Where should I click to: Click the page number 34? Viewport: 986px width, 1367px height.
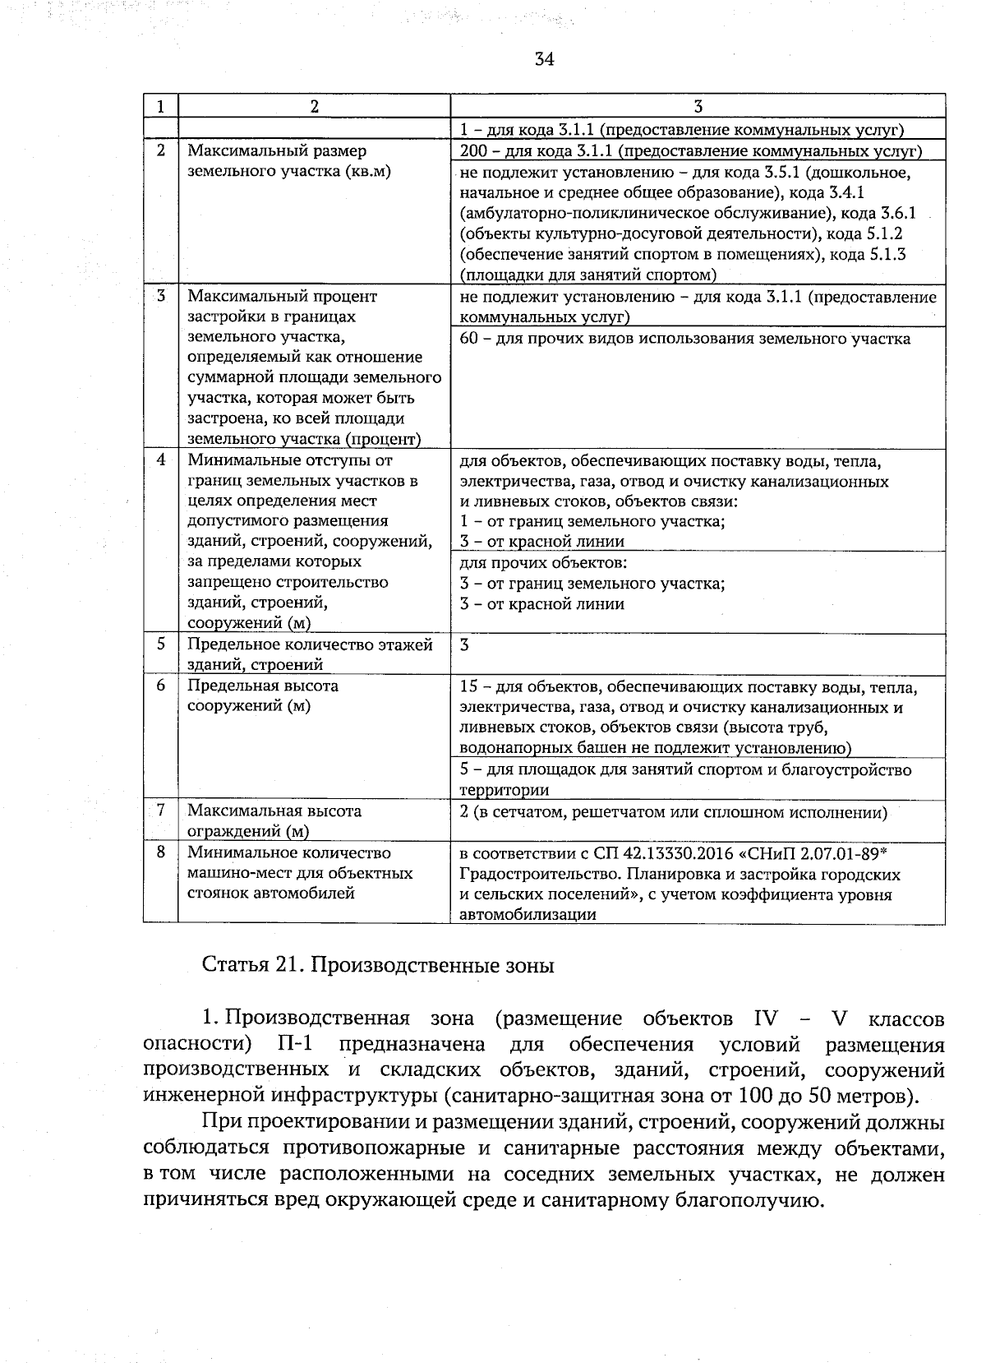pyautogui.click(x=544, y=58)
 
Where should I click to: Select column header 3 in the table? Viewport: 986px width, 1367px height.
pyautogui.click(x=698, y=106)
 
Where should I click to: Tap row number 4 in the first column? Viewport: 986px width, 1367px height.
pyautogui.click(x=161, y=460)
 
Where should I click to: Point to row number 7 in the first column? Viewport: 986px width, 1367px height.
pyautogui.click(x=161, y=811)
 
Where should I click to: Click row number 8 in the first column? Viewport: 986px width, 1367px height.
pyautogui.click(x=161, y=852)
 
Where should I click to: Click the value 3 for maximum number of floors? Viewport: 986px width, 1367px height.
pyautogui.click(x=465, y=644)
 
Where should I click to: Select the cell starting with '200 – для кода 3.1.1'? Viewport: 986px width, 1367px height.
pyautogui.click(x=690, y=151)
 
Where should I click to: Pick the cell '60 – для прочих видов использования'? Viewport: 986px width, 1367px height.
pyautogui.click(x=684, y=339)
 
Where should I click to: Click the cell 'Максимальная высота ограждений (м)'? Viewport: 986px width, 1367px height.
pyautogui.click(x=274, y=820)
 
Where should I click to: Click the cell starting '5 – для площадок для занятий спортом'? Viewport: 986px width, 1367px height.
pyautogui.click(x=685, y=779)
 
